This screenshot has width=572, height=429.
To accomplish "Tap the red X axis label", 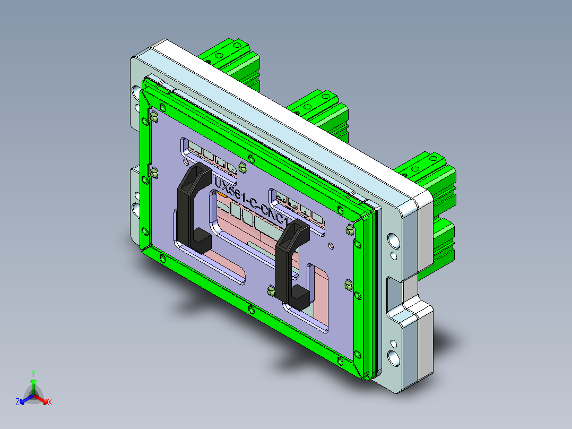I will pyautogui.click(x=49, y=402).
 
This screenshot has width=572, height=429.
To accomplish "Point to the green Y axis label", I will pyautogui.click(x=33, y=373).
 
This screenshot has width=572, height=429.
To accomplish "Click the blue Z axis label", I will pyautogui.click(x=18, y=402).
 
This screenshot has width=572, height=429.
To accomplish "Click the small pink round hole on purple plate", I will pyautogui.click(x=331, y=245).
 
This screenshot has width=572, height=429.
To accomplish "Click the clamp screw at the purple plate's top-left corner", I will pyautogui.click(x=153, y=117).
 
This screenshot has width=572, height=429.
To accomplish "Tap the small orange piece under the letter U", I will pyautogui.click(x=222, y=195).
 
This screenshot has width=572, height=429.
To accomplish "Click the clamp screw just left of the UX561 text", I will pyautogui.click(x=244, y=168).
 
